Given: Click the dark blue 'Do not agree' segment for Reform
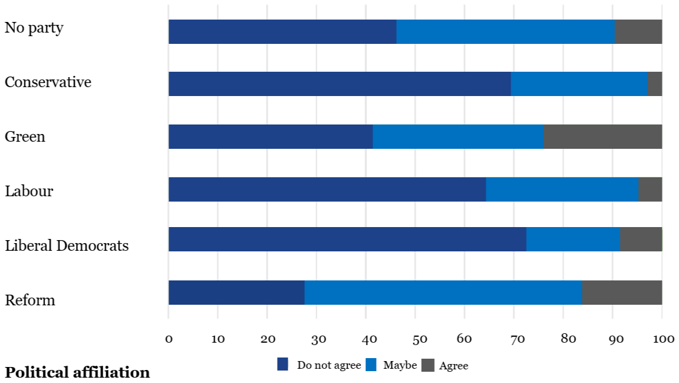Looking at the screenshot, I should [236, 292].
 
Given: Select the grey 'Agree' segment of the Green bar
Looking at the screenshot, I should [603, 136].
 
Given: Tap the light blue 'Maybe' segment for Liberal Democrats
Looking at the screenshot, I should [573, 239].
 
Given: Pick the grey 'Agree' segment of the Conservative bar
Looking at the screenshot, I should [655, 84].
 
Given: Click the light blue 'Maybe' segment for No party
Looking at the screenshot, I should [505, 31].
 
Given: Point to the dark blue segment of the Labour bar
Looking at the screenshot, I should [327, 189].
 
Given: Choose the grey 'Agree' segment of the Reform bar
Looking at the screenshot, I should [621, 292].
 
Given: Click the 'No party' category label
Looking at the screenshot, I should [34, 28].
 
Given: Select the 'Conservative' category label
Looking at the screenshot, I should [48, 82].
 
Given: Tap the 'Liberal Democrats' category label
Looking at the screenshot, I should [66, 245].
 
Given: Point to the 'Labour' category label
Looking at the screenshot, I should [29, 191].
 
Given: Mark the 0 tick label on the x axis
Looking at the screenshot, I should [169, 339].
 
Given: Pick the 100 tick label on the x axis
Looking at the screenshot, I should [664, 339].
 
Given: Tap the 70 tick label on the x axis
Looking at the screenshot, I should [517, 339].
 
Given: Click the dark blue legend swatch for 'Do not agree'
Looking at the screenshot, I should [283, 365].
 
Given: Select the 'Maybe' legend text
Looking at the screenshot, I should [400, 365].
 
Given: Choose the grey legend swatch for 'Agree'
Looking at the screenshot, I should [428, 365].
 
